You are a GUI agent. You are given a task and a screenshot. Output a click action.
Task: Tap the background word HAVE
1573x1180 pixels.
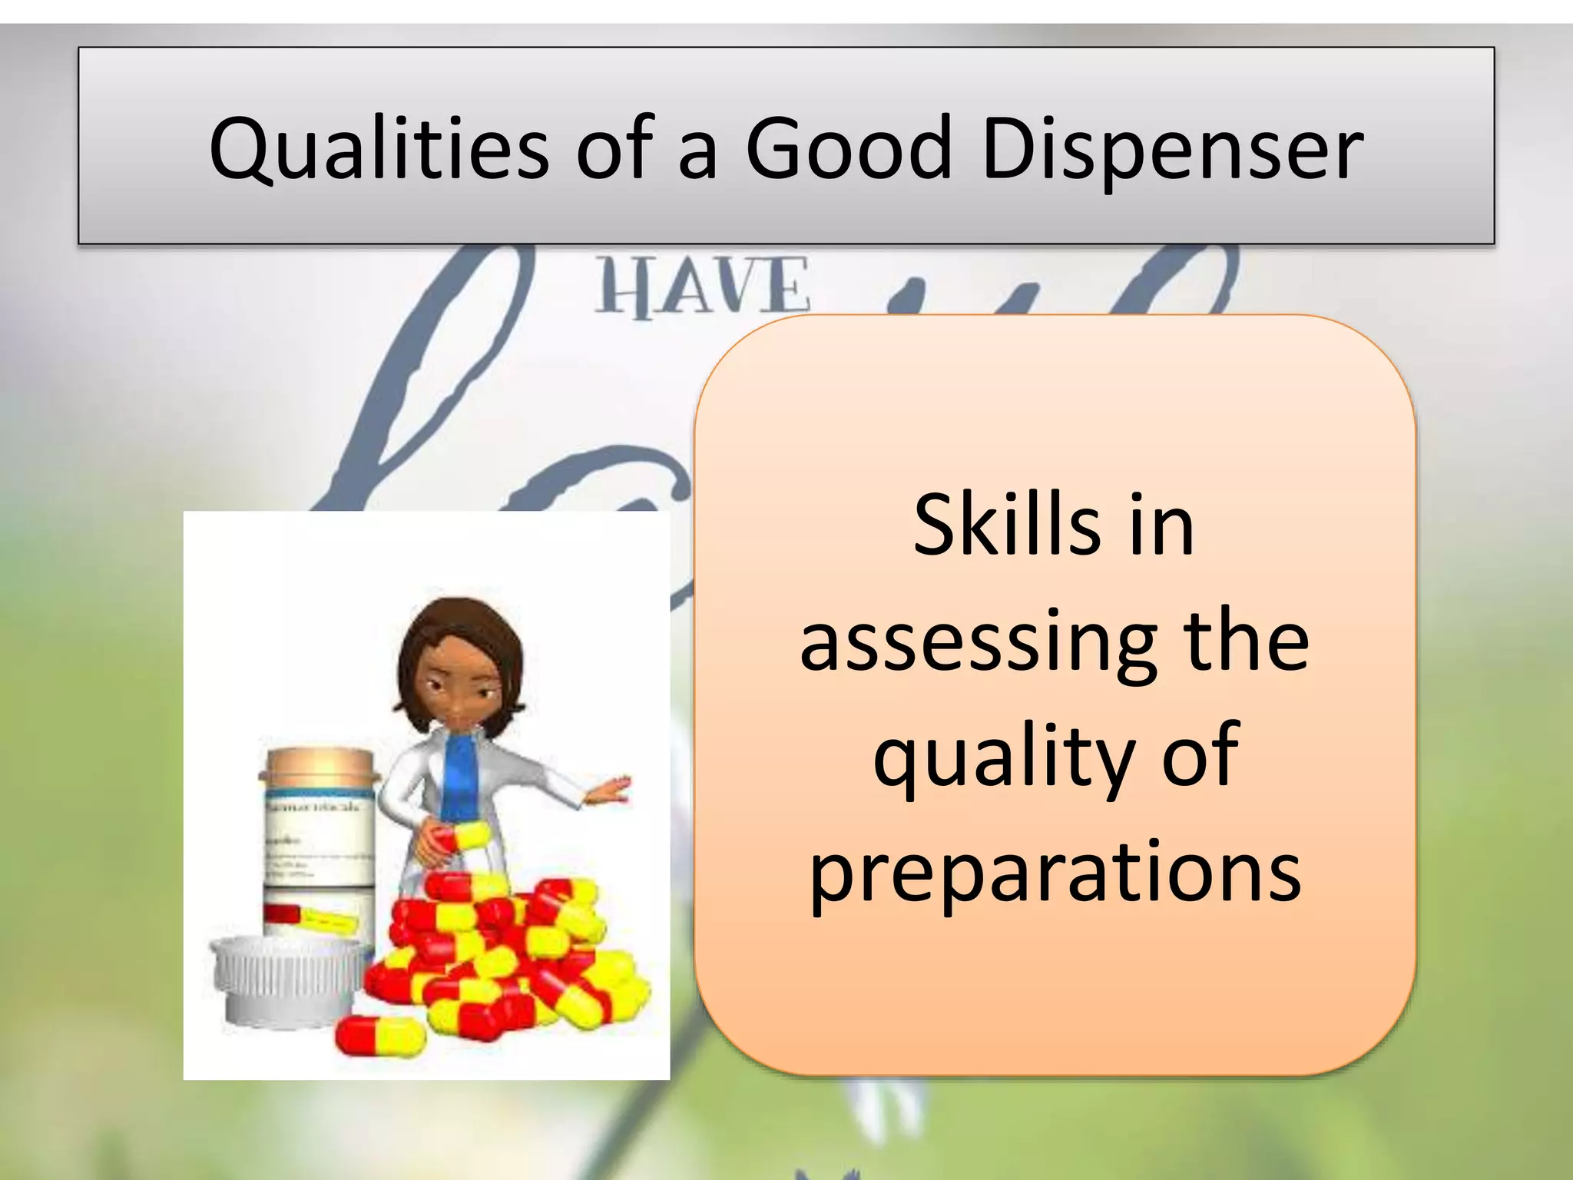pyautogui.click(x=702, y=287)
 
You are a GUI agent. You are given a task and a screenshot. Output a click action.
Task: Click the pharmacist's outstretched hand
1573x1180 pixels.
pyautogui.click(x=611, y=791)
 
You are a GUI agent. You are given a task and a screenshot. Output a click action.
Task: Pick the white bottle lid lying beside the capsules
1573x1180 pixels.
pyautogui.click(x=288, y=983)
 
